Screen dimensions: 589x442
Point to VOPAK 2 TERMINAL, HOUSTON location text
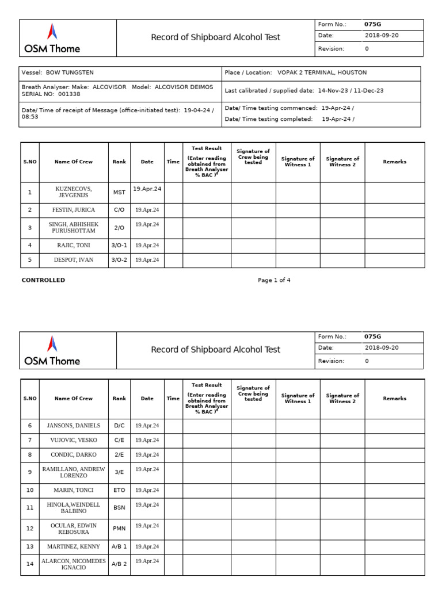[322, 72]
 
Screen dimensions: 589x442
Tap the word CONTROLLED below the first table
[43, 280]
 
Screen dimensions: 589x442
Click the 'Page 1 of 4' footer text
[274, 280]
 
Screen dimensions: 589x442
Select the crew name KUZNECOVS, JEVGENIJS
[74, 192]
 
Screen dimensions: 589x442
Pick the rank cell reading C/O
[119, 210]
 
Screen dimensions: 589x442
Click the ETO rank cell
[119, 490]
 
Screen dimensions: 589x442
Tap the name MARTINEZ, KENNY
[74, 546]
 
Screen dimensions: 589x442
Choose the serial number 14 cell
[29, 564]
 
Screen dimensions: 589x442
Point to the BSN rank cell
[119, 508]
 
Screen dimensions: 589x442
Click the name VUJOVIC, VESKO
[74, 440]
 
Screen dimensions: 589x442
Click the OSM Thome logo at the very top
[52, 38]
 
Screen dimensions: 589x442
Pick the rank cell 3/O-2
[119, 259]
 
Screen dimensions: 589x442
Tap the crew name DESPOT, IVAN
[74, 259]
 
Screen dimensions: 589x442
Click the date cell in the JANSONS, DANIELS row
[147, 426]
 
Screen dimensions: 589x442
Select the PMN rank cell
[119, 529]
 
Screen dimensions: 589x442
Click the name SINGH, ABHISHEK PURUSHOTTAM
[74, 228]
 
